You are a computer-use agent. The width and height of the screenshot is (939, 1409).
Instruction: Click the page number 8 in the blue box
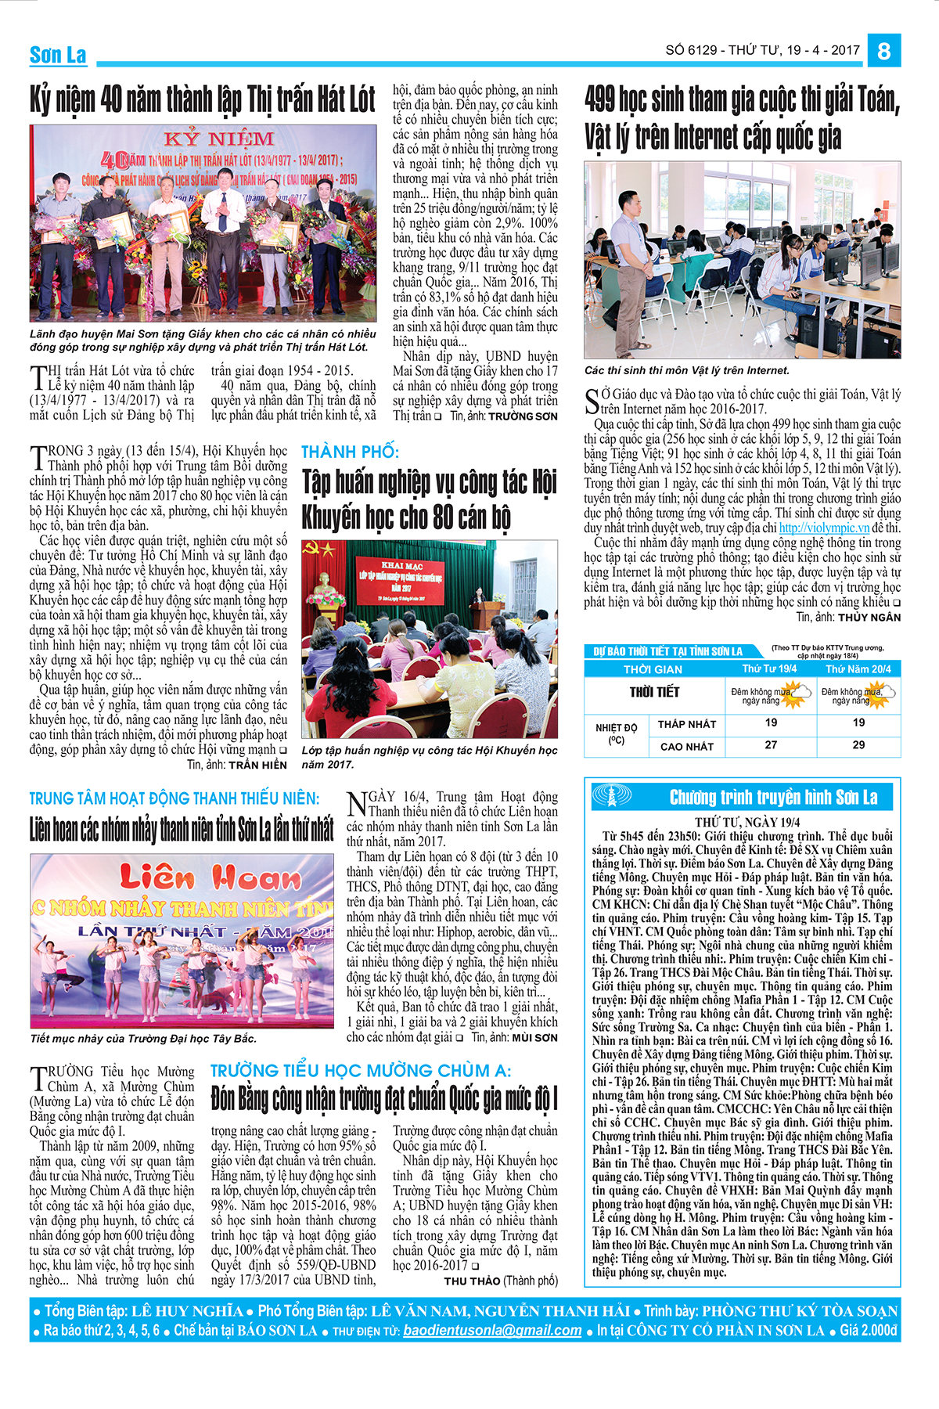(884, 51)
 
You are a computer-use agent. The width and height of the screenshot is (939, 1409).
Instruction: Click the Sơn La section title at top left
(58, 55)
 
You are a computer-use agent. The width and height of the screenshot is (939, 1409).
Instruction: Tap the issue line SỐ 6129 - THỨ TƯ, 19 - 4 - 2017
(762, 50)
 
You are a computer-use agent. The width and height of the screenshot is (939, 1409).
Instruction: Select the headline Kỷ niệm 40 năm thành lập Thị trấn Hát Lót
(203, 99)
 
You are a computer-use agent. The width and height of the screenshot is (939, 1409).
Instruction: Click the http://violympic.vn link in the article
(825, 528)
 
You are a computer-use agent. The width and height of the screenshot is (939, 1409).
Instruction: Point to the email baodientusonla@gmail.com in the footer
(492, 1330)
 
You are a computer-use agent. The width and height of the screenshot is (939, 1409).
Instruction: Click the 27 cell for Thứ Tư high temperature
(771, 745)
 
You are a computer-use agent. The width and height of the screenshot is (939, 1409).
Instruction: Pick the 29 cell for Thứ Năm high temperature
(858, 745)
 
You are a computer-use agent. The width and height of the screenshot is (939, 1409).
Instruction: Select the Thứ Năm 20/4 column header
(858, 669)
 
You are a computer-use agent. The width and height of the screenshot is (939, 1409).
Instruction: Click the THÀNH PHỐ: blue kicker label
(350, 452)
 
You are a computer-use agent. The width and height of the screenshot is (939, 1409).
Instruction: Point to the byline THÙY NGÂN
(869, 618)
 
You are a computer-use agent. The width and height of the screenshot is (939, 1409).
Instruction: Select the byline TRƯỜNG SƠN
(523, 416)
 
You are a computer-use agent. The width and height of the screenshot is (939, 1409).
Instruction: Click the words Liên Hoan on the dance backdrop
(200, 877)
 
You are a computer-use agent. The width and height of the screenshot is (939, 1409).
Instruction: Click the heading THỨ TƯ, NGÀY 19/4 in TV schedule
(747, 822)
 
